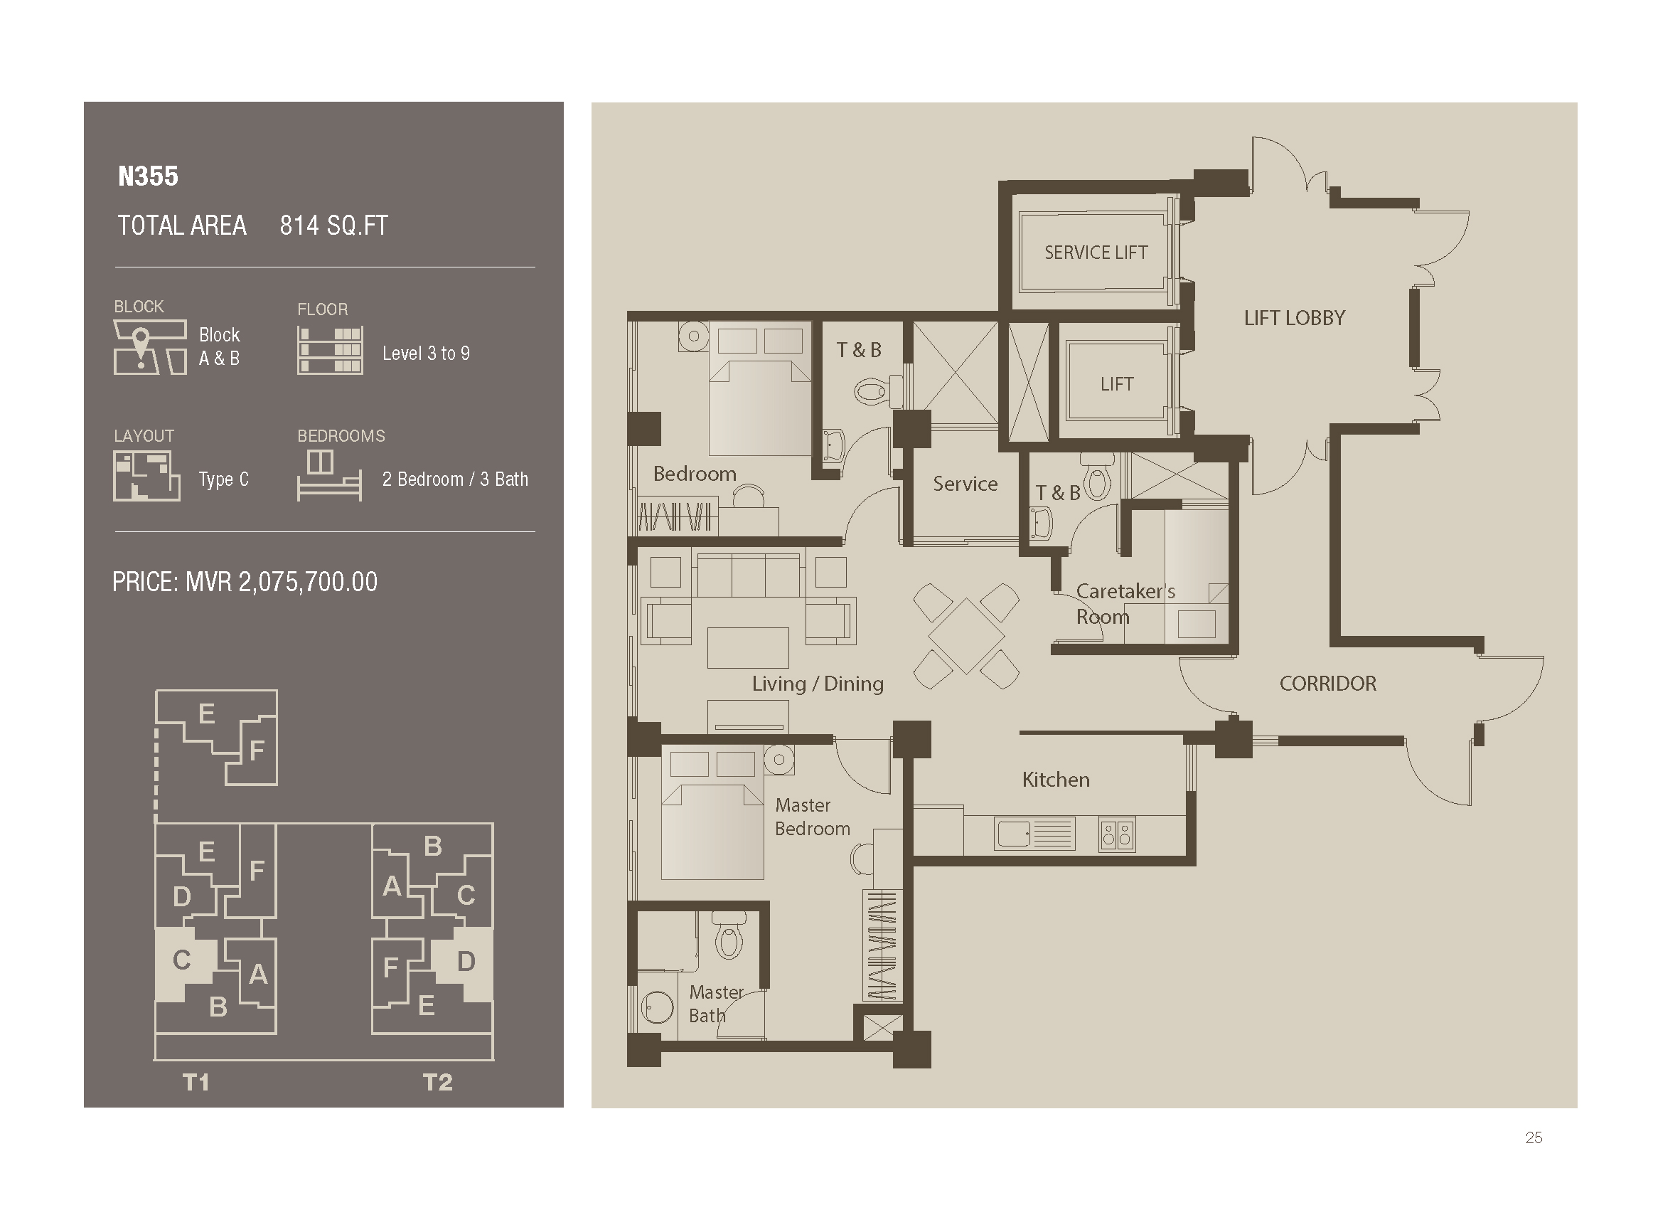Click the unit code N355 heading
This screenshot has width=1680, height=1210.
148,176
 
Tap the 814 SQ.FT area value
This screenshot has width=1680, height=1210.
333,225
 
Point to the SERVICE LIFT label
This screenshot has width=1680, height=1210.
1096,253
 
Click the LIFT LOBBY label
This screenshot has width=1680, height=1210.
1294,318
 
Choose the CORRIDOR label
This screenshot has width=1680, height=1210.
1327,683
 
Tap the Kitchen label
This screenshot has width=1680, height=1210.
1056,780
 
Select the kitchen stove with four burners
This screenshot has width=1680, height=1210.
1116,834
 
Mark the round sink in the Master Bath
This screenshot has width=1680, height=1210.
656,1008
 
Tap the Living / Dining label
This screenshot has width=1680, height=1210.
817,683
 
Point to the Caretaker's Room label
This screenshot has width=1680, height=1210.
1124,603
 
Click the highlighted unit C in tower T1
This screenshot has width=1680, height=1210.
183,961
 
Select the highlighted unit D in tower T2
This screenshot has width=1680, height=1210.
466,962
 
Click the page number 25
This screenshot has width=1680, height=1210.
1534,1137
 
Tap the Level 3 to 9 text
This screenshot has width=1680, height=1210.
426,354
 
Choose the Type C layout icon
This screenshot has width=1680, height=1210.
146,477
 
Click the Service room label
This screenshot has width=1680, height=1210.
965,484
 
